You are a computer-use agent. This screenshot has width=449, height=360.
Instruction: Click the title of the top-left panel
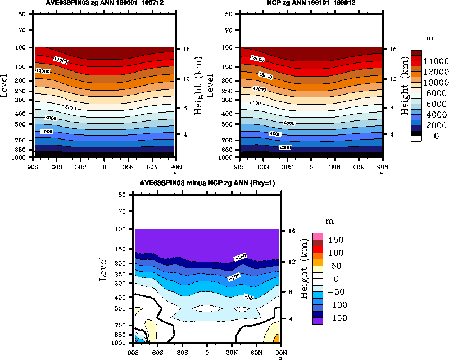click(x=104, y=3)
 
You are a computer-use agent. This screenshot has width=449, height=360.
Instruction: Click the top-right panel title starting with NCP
click(x=311, y=3)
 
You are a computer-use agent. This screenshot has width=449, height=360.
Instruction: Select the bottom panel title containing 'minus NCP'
click(x=207, y=184)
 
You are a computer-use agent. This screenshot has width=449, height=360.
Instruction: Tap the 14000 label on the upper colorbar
click(x=436, y=61)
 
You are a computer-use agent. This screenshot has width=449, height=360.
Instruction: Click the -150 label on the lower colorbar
click(x=337, y=318)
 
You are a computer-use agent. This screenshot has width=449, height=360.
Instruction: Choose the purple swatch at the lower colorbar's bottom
click(x=319, y=319)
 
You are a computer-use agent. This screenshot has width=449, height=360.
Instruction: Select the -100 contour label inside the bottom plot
click(x=235, y=277)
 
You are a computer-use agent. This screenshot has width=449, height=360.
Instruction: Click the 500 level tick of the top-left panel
click(x=22, y=124)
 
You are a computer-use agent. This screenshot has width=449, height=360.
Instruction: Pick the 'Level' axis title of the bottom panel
click(x=103, y=268)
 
